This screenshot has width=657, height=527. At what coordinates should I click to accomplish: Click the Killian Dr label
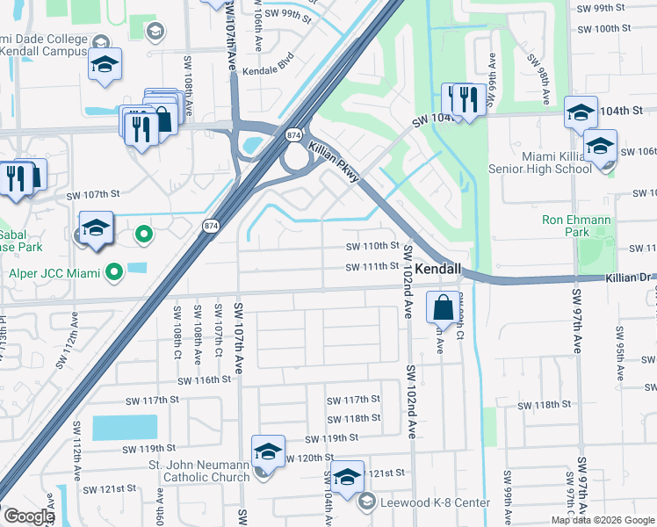630,278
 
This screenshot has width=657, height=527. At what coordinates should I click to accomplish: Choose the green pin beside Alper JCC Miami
113,274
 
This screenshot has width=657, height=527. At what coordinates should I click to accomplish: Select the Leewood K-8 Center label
435,502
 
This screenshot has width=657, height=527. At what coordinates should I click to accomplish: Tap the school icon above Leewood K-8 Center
347,478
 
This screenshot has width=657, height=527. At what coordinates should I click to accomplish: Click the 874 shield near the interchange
292,134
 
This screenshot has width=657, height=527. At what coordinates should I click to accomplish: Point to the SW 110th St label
372,247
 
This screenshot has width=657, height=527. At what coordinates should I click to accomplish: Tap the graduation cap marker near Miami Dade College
105,65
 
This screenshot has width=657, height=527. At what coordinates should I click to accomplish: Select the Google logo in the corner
29,516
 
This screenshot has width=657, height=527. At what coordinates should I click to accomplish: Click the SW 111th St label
372,267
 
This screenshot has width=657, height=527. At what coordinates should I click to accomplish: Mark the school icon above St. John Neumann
268,452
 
